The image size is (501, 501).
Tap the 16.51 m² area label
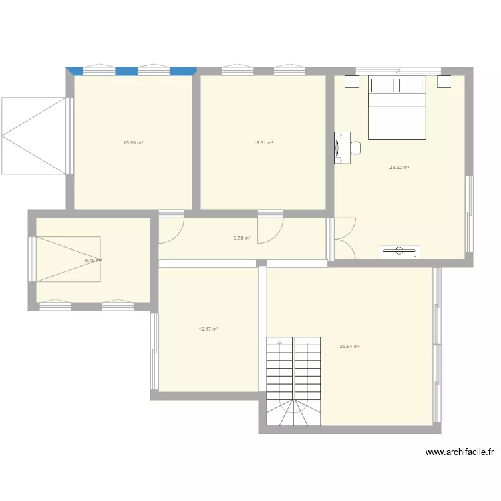point(263,142)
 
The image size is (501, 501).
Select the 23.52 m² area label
point(399,167)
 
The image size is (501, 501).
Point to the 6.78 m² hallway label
point(242,238)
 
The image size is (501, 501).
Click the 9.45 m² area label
point(93,261)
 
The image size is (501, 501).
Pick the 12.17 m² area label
point(209,329)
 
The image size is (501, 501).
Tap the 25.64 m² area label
point(350,346)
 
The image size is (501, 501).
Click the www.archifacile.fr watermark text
point(460,452)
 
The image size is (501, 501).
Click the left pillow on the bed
point(383,86)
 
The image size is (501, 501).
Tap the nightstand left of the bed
point(351,82)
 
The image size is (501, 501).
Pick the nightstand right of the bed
point(444,82)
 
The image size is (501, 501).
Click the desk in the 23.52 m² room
point(341,147)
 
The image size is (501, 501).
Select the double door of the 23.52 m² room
point(344,238)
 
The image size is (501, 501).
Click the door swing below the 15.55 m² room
point(172,229)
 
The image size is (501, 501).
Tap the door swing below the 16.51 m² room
point(270,229)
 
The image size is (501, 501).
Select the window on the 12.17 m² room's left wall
point(154,351)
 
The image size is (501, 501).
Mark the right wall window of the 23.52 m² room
point(469,214)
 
